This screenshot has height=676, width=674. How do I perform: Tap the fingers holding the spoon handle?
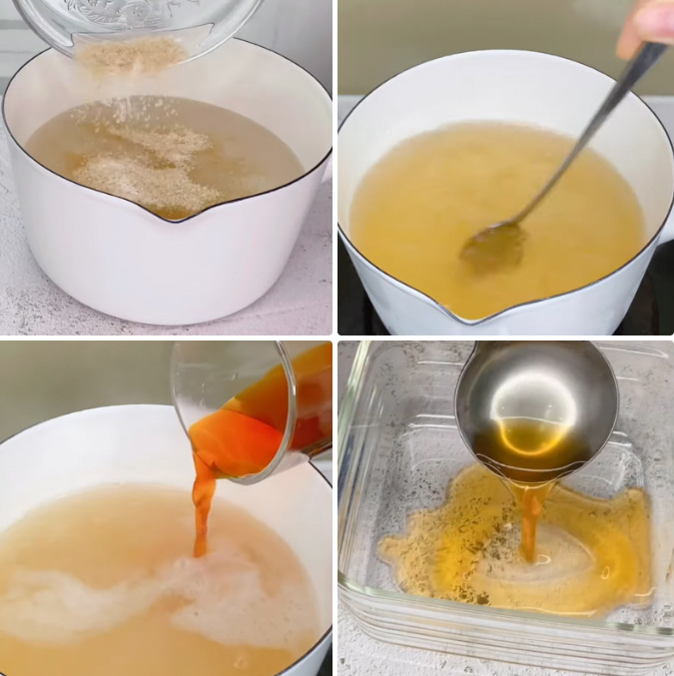(x=646, y=23)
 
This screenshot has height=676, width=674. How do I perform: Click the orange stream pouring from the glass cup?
(x=203, y=509)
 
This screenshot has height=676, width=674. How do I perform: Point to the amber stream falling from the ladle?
(x=530, y=519)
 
